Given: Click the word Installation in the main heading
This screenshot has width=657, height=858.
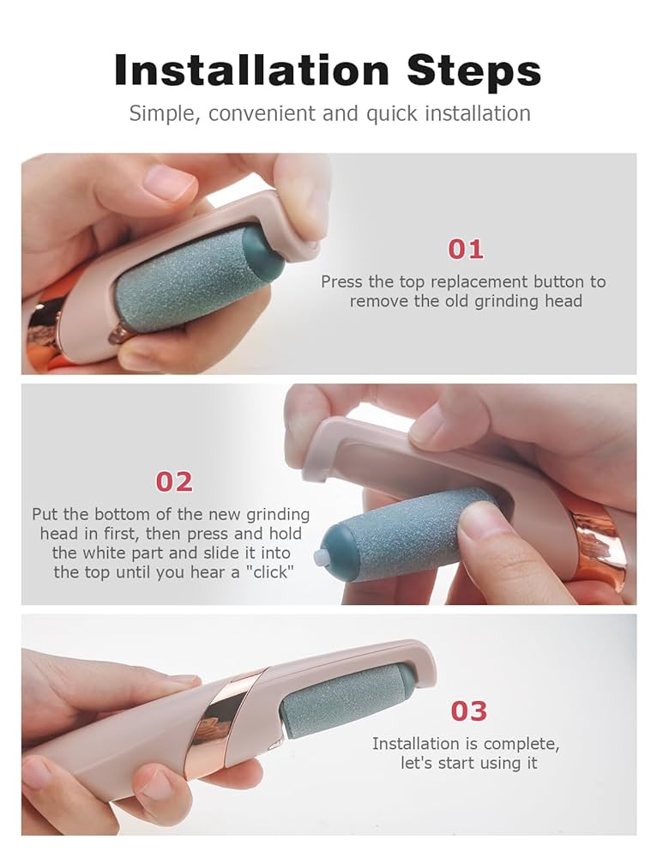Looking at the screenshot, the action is [x=251, y=70].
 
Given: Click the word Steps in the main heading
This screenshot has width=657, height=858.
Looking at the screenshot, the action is [x=473, y=70].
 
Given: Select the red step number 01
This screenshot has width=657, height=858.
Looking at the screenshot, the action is [x=466, y=250].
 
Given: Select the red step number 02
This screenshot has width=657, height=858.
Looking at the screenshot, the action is [x=174, y=482].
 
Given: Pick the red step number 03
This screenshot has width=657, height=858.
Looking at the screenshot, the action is [x=469, y=711].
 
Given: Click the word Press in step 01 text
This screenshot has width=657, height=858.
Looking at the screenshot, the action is [x=342, y=281].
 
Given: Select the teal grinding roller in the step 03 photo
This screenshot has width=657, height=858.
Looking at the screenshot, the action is [x=346, y=700].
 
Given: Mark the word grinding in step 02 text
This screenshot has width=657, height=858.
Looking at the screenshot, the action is [x=277, y=515].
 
